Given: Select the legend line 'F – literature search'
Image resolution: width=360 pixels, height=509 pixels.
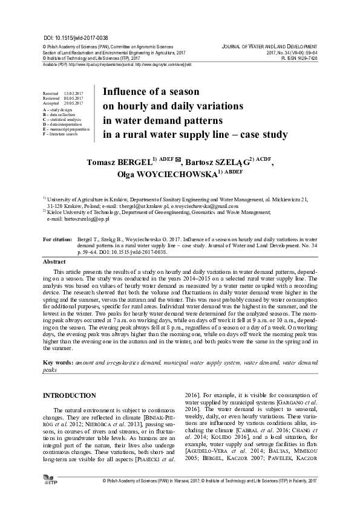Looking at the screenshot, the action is pyautogui.click(x=61, y=134).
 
